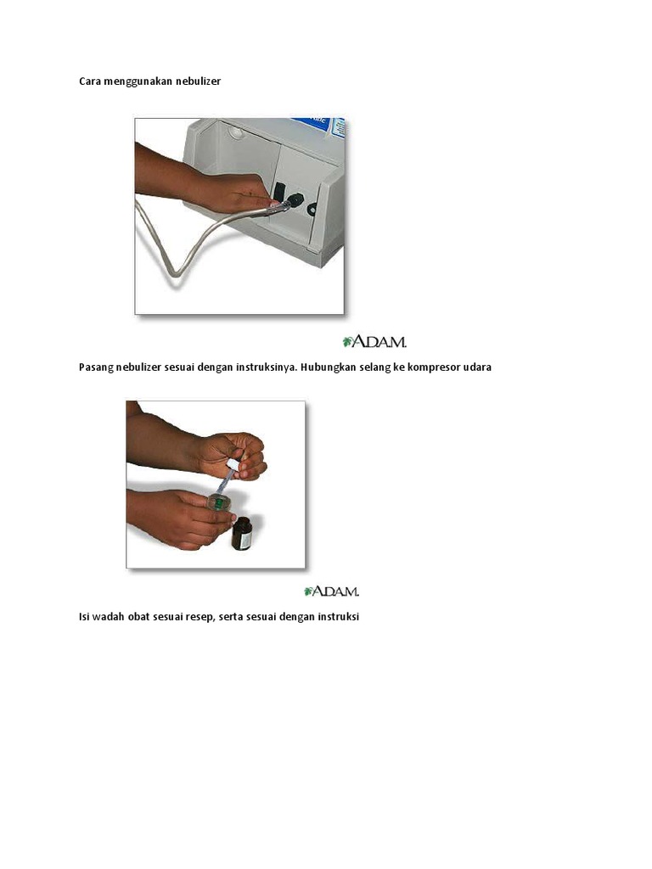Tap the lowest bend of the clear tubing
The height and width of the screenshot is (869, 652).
click(174, 272)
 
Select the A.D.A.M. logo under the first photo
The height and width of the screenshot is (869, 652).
click(374, 341)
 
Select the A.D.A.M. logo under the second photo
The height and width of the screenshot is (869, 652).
click(332, 591)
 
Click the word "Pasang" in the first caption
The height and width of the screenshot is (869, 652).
click(95, 367)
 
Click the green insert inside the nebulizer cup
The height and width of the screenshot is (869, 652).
click(219, 502)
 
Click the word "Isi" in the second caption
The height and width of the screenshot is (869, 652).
click(84, 617)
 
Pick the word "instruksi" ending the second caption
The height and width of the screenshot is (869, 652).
click(339, 617)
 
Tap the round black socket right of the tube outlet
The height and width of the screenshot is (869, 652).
click(312, 209)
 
